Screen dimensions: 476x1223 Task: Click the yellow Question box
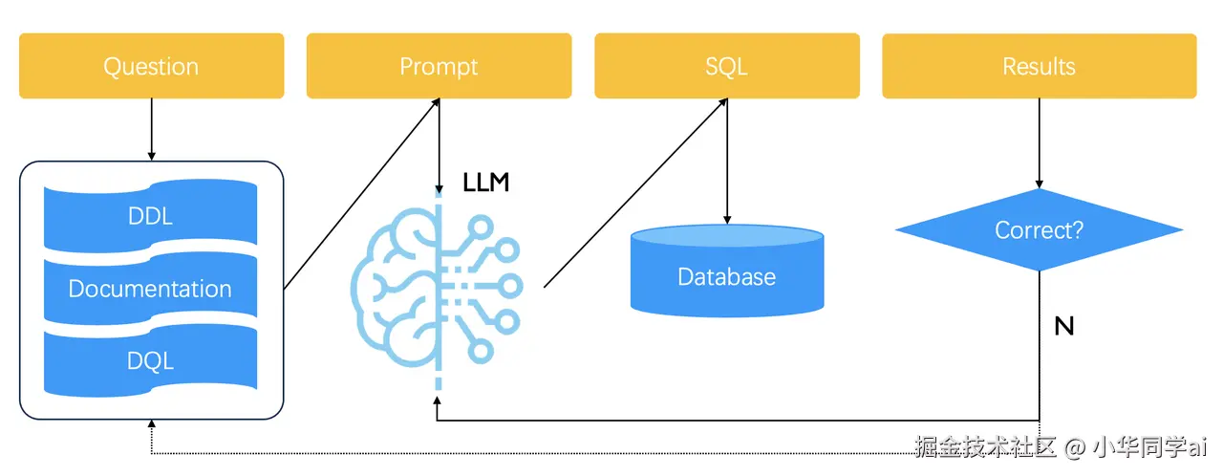click(x=151, y=66)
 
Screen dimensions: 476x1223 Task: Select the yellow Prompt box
click(x=439, y=66)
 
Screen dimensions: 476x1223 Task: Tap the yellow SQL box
click(x=726, y=66)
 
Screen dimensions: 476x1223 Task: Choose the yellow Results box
click(x=1039, y=66)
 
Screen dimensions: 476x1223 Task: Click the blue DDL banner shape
click(x=150, y=216)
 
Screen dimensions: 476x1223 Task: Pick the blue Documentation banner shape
click(x=150, y=289)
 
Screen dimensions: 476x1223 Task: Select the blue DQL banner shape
click(x=150, y=360)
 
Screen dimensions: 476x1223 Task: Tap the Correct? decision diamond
click(x=1039, y=230)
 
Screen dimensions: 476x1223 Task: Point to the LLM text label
click(x=485, y=183)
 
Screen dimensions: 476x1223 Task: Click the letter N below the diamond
click(x=1063, y=327)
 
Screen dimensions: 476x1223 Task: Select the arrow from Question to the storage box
click(x=151, y=129)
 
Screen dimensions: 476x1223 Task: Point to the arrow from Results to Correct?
click(x=1039, y=143)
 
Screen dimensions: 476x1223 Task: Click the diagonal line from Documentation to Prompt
click(x=361, y=192)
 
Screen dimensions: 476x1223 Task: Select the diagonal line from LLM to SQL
click(x=635, y=192)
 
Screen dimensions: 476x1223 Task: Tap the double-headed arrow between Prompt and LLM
click(x=439, y=143)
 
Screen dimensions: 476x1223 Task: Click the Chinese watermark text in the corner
click(x=1061, y=447)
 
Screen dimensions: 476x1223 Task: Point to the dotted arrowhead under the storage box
click(x=151, y=425)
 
